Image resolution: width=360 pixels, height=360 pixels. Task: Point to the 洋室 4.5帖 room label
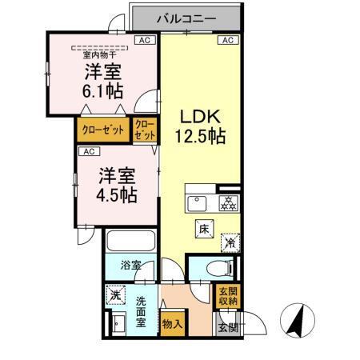(x=118, y=184)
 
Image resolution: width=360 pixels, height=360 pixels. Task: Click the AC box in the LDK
(x=226, y=40)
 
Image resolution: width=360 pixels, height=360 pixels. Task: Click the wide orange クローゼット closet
(x=103, y=130)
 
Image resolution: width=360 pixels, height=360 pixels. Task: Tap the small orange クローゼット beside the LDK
(x=144, y=130)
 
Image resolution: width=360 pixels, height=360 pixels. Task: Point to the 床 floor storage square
(x=205, y=228)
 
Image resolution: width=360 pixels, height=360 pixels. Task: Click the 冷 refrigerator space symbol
(x=229, y=238)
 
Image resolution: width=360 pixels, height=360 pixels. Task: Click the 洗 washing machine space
(x=115, y=295)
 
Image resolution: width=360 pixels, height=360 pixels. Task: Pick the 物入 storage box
(x=171, y=323)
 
